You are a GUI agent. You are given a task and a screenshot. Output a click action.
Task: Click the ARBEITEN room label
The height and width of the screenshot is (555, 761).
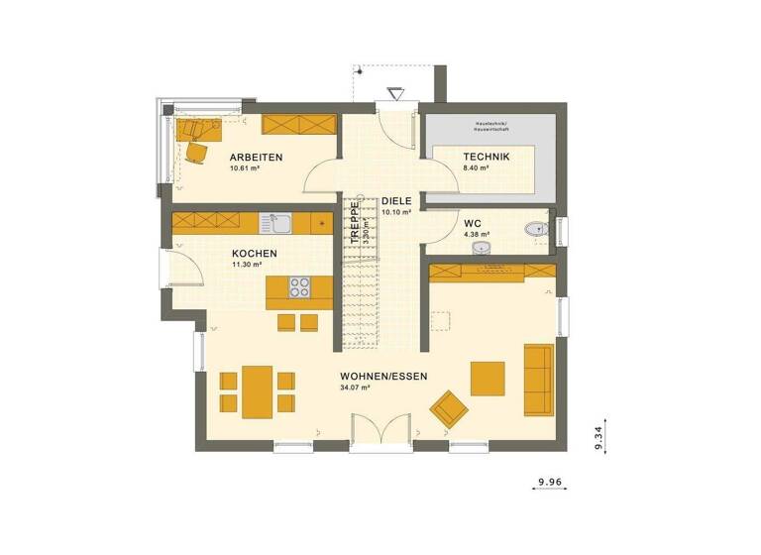(257, 158)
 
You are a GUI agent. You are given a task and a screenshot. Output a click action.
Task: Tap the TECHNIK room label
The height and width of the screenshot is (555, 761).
(486, 158)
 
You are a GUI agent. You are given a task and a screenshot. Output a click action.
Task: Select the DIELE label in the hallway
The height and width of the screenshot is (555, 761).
(396, 200)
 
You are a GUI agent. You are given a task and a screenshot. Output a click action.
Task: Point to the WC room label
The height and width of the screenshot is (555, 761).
(473, 223)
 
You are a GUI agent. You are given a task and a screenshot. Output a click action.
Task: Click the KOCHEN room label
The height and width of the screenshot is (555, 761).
(255, 254)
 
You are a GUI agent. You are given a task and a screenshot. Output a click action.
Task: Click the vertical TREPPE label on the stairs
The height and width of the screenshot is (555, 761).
(353, 222)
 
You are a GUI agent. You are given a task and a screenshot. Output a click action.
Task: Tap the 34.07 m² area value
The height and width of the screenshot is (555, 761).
(355, 388)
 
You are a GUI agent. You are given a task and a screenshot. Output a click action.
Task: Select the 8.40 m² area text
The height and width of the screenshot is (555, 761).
(478, 168)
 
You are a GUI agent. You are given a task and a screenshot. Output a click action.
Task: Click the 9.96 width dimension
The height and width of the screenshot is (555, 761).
(550, 483)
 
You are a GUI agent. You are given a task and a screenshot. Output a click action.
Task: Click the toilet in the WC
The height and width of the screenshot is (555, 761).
(537, 228)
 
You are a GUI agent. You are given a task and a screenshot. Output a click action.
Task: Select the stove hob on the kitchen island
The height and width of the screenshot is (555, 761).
(298, 287)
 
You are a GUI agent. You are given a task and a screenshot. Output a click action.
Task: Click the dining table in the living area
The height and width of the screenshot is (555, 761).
(258, 388)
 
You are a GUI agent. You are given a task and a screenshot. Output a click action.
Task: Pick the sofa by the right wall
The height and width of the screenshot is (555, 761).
(538, 378)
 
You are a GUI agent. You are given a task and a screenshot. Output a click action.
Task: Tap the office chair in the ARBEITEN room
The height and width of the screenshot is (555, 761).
(196, 151)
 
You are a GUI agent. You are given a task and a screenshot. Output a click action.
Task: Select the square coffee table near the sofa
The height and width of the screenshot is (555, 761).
(488, 377)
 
